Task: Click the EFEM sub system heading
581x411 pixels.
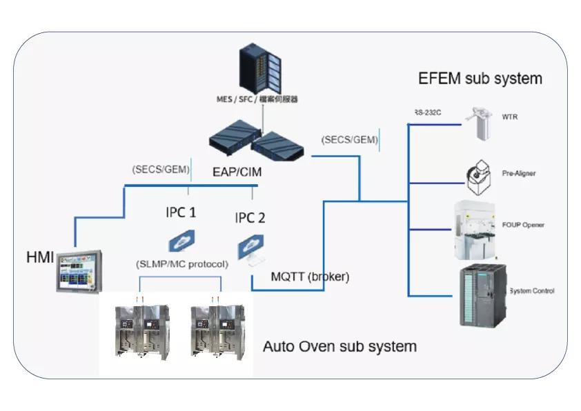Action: (x=480, y=78)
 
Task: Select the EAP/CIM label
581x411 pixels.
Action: (x=237, y=172)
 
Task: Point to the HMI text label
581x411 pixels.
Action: (x=40, y=258)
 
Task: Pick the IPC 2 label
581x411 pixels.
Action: (x=250, y=218)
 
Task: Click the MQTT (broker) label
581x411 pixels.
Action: (x=310, y=277)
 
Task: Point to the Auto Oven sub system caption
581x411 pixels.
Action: (x=339, y=346)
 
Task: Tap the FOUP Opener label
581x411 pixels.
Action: (x=523, y=225)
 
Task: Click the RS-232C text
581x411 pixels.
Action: (x=428, y=112)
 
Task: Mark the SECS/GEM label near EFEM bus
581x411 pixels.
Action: (x=350, y=139)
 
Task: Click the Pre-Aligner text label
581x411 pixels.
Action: (x=518, y=174)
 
